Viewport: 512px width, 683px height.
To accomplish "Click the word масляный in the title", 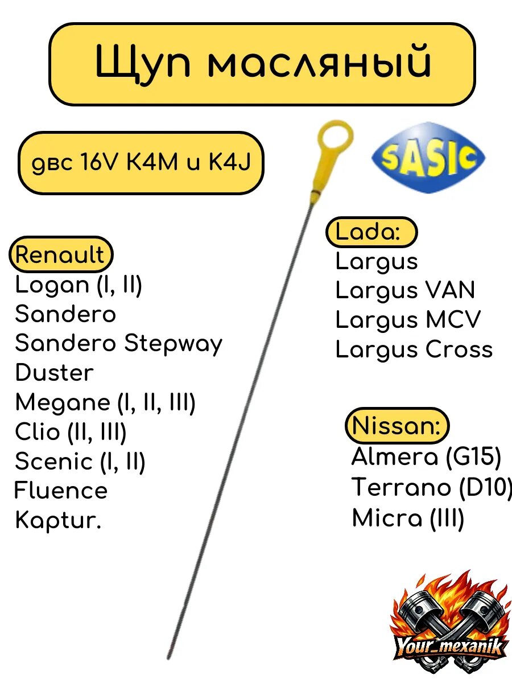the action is click(x=319, y=63).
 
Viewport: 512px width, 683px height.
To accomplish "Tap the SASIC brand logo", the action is click(x=429, y=158).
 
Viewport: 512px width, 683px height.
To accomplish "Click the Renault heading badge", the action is click(x=61, y=254).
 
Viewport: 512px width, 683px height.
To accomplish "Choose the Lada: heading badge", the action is click(x=371, y=232).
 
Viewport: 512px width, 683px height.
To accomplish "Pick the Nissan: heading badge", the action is click(x=397, y=425).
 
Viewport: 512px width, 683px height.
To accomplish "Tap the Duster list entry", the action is click(x=55, y=372).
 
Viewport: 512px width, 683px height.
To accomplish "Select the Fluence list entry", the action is click(x=61, y=491).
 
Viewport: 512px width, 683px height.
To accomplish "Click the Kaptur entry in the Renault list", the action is click(x=58, y=521).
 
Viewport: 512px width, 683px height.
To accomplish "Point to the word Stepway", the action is click(x=173, y=344).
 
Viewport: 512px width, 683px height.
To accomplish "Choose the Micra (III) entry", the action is click(x=408, y=518).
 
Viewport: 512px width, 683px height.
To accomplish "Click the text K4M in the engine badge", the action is click(x=152, y=162).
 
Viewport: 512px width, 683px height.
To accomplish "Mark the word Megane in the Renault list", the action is click(x=63, y=403).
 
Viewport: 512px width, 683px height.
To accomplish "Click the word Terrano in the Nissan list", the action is click(x=401, y=487).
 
